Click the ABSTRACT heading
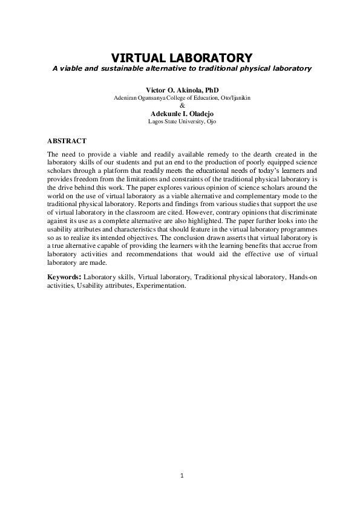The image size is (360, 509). tap(67, 140)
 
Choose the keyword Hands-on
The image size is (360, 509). tap(300, 277)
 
